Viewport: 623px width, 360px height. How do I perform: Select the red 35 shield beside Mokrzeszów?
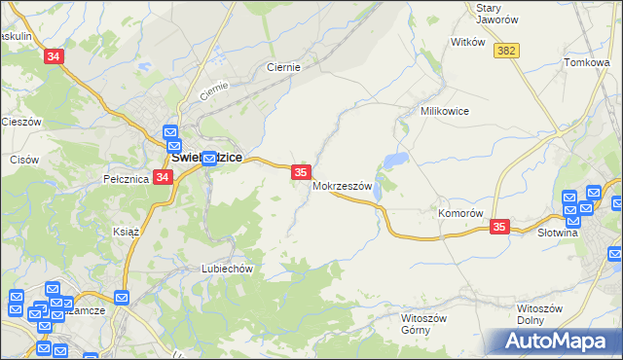click(301, 172)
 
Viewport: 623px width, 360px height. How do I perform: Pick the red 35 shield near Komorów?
click(499, 227)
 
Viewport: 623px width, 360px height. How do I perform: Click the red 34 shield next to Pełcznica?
click(163, 177)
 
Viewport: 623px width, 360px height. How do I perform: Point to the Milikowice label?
click(445, 111)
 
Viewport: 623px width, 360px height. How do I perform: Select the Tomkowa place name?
click(586, 62)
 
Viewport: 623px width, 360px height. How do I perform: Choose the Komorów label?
click(460, 213)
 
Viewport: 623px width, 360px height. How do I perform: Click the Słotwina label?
click(558, 233)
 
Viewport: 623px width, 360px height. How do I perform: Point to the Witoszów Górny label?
click(423, 323)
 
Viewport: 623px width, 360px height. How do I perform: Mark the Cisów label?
click(23, 159)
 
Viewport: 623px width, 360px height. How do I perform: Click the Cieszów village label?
click(20, 122)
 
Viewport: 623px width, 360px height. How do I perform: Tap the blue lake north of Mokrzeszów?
click(396, 160)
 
